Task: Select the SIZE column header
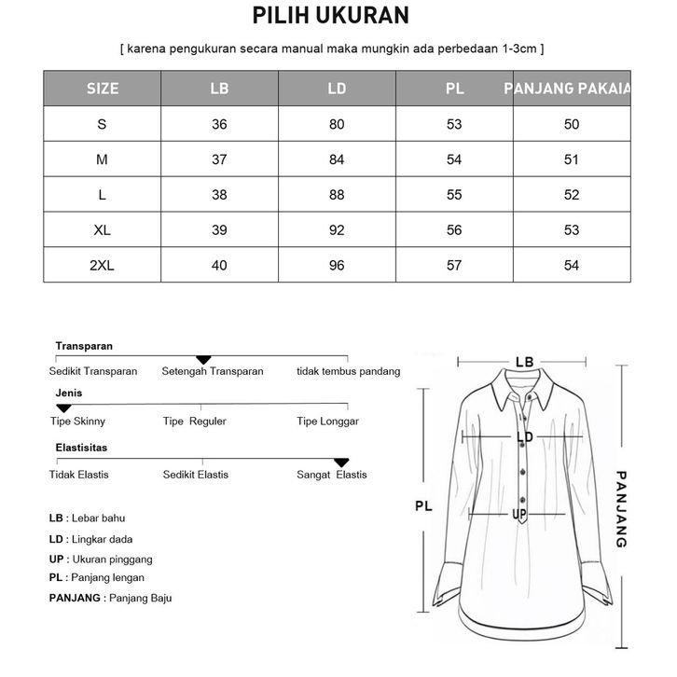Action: coord(103,90)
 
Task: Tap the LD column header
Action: coord(337,90)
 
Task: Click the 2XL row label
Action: coord(103,266)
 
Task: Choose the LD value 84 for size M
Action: coord(337,159)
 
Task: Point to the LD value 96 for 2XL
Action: coord(337,266)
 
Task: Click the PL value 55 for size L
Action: coord(454,195)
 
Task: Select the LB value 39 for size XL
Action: coord(220,230)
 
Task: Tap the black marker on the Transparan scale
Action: coord(203,360)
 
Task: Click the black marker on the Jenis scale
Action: coord(63,408)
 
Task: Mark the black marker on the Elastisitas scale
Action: coord(341,462)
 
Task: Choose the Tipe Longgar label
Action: coord(327,421)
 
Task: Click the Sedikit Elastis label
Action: coord(195,475)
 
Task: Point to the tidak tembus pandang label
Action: coord(348,371)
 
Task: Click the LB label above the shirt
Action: coord(524,362)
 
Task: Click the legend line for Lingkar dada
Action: coord(90,539)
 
